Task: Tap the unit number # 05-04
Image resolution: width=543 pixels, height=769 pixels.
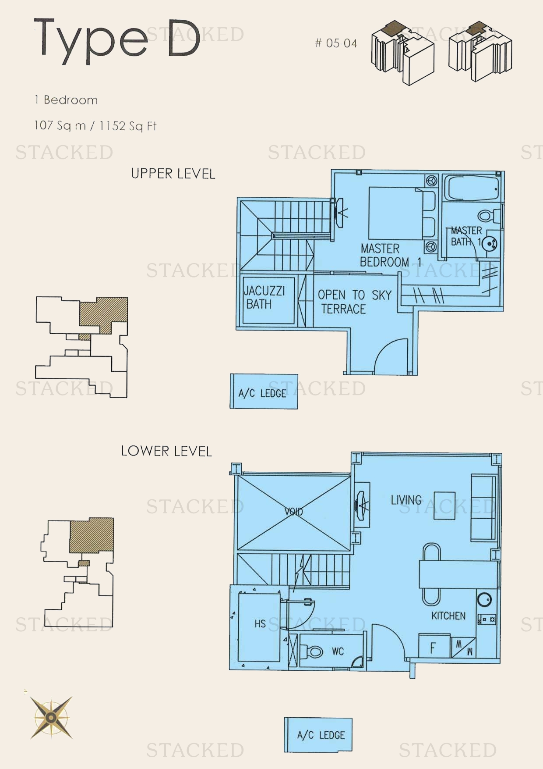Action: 336,43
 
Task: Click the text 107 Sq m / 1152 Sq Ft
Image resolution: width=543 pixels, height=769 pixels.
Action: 95,126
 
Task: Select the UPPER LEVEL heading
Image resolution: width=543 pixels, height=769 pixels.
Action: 173,174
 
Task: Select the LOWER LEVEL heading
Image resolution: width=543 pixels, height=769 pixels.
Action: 166,451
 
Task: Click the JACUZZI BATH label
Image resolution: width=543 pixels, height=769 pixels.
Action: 264,298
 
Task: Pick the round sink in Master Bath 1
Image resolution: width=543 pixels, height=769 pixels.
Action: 490,244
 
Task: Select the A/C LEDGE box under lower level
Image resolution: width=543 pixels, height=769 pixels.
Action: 318,735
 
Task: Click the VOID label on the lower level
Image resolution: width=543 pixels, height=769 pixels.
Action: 293,511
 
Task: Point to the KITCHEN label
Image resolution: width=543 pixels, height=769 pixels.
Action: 448,616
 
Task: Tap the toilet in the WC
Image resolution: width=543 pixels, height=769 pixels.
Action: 314,652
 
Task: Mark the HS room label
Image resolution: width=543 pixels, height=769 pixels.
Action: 260,623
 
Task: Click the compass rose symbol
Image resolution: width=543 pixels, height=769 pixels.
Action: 51,718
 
